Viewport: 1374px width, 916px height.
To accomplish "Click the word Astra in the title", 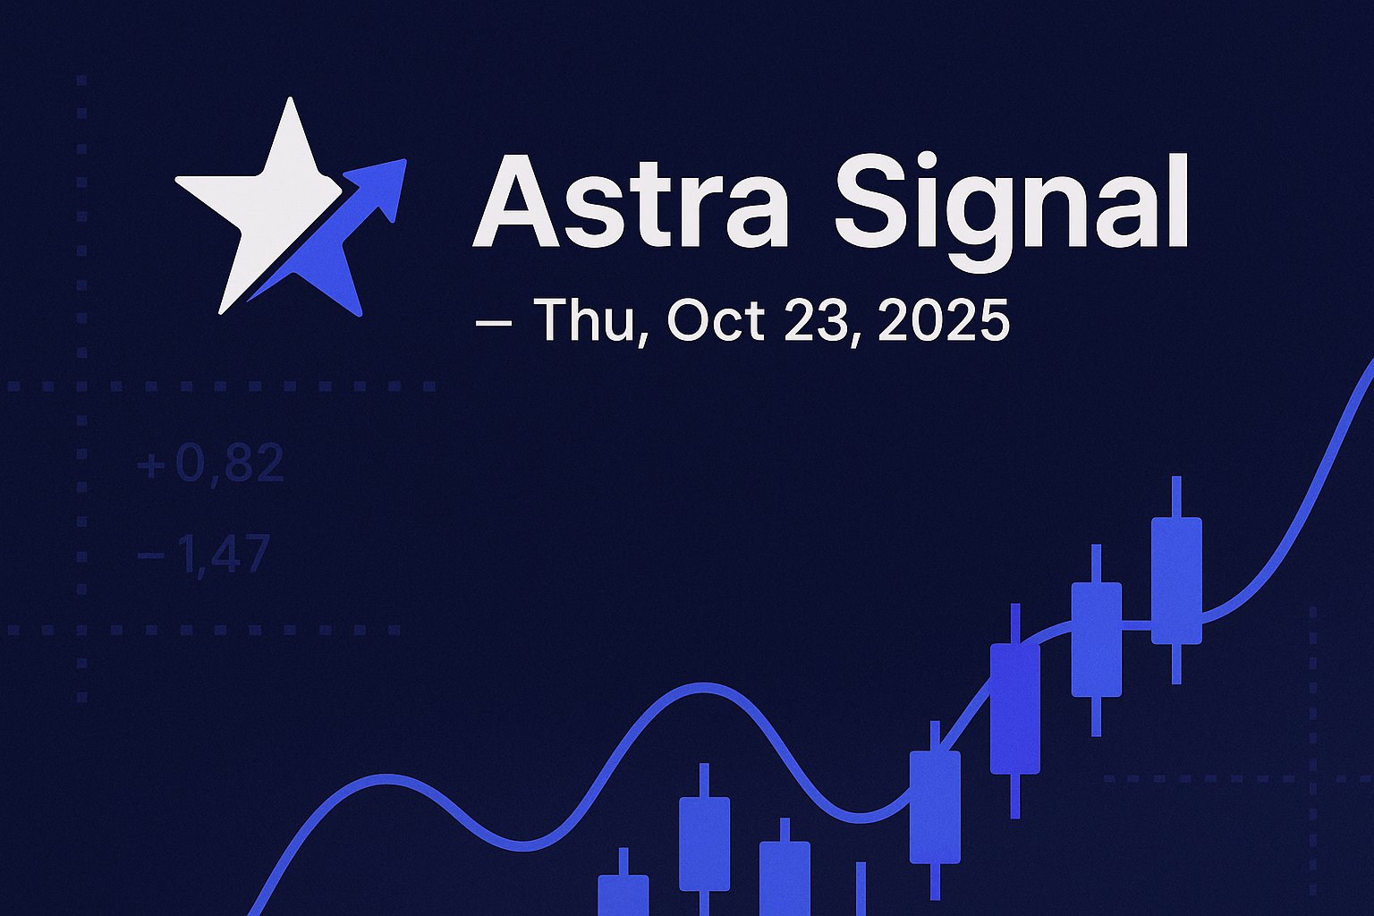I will coord(631,203).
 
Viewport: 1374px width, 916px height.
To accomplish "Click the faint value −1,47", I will coord(204,554).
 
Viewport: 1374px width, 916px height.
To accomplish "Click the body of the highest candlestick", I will coord(1175,580).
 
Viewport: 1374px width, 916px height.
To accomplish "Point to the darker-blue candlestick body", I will coord(1014,708).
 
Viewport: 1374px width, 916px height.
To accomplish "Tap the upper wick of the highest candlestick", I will coord(1175,496).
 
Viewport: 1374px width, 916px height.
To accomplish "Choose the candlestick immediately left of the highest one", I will coord(1096,639).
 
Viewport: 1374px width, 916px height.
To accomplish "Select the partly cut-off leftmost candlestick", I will coord(623,895).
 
